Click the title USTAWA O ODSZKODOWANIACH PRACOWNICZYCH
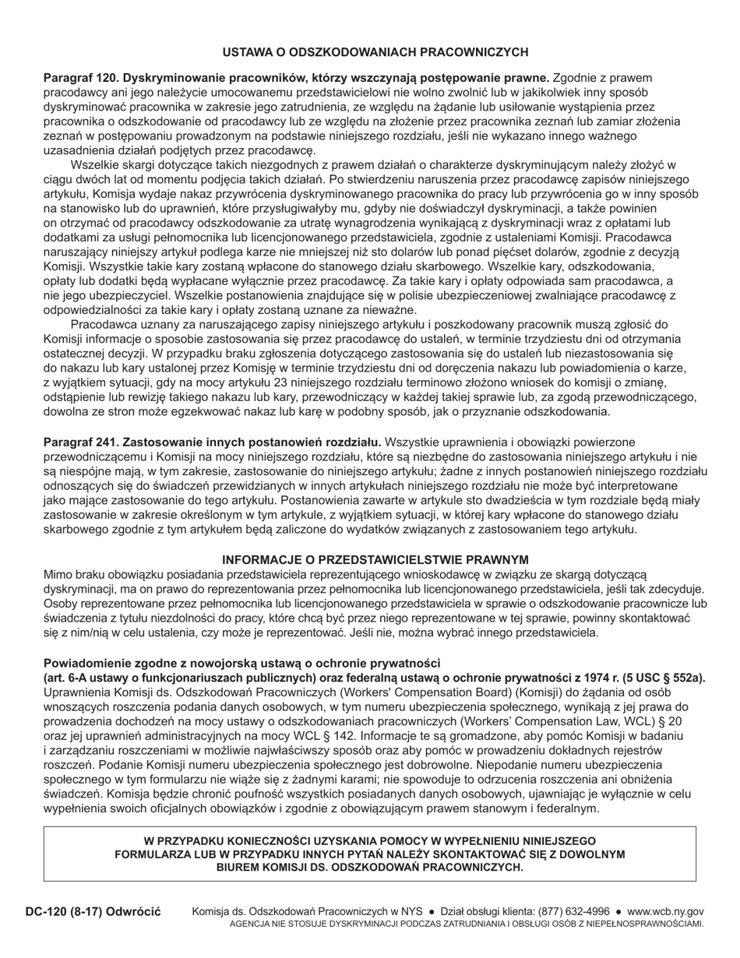pyautogui.click(x=375, y=52)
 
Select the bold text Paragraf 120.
pyautogui.click(x=80, y=78)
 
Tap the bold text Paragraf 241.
pyautogui.click(x=80, y=442)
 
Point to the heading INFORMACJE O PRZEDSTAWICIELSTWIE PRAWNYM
pyautogui.click(x=375, y=560)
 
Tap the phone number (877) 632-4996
pyautogui.click(x=572, y=911)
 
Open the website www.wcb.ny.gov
pyautogui.click(x=665, y=911)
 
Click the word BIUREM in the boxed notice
pyautogui.click(x=238, y=867)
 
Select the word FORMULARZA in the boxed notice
pyautogui.click(x=150, y=854)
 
